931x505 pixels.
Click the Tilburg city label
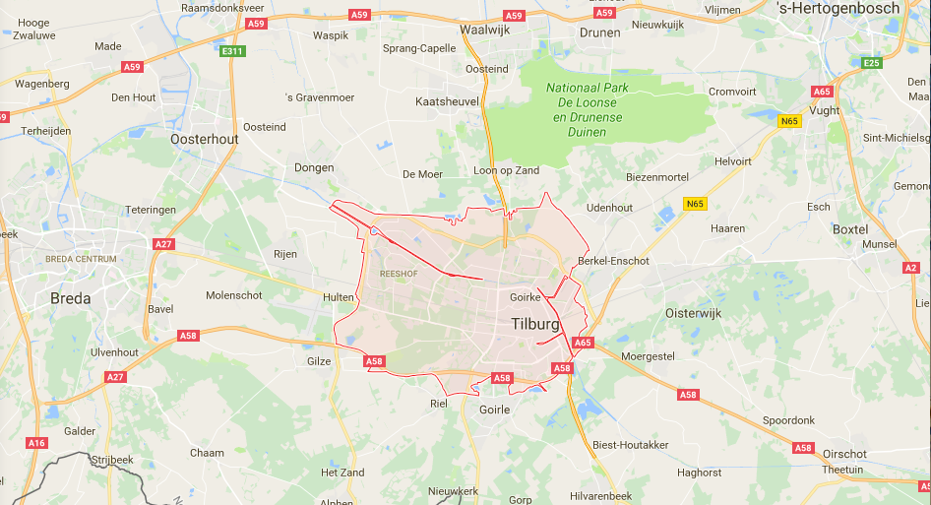click(535, 324)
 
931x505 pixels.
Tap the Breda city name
click(70, 298)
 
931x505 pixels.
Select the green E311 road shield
click(232, 51)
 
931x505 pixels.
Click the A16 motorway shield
click(36, 443)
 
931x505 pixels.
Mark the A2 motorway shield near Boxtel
click(910, 268)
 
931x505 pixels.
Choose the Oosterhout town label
click(204, 140)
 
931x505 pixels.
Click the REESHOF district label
click(400, 275)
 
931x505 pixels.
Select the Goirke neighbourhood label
click(528, 296)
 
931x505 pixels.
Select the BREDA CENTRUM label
click(81, 259)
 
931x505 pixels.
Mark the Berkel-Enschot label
click(616, 261)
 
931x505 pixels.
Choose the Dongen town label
click(315, 167)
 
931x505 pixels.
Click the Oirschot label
click(846, 454)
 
